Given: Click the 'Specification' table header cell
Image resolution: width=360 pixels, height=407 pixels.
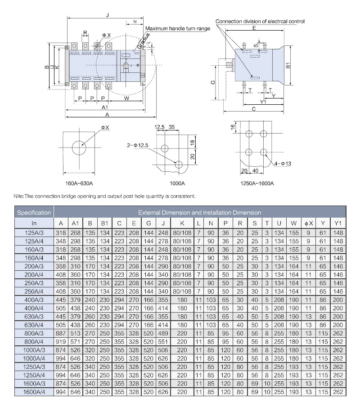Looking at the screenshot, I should click(34, 212).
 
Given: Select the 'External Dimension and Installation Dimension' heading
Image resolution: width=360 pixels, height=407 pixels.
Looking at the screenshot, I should click(199, 212).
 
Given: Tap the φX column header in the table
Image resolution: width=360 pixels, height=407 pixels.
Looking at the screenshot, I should click(308, 224).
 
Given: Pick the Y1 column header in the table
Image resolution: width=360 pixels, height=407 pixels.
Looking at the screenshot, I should click(337, 224).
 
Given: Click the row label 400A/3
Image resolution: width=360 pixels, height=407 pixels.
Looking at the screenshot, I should click(34, 300).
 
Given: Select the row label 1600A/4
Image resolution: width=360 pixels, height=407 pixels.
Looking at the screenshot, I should click(34, 393).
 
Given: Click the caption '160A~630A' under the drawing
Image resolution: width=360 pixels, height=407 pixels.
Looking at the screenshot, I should click(79, 183).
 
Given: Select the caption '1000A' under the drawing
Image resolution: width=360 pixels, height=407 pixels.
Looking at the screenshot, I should click(177, 183).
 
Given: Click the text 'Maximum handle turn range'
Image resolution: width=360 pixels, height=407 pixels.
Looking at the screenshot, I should click(178, 28).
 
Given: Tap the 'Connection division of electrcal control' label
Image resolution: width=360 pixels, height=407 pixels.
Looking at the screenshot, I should click(260, 21).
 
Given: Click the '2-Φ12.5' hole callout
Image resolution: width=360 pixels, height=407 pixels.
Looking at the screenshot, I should click(138, 145).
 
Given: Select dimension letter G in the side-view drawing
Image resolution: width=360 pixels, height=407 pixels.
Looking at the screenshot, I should click(212, 82).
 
